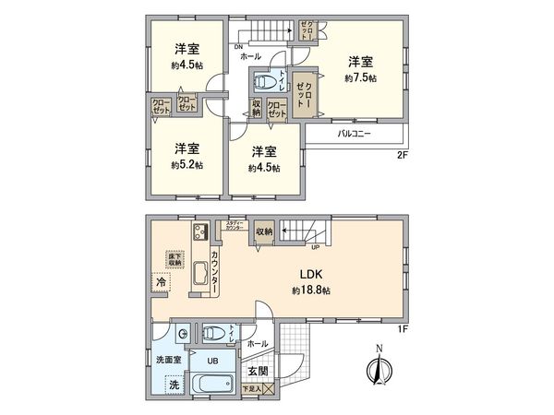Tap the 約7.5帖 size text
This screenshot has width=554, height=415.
click(361, 78)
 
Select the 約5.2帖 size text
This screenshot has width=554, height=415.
click(187, 166)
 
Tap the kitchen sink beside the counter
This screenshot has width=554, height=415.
click(202, 274)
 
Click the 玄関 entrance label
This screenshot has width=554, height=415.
click(256, 372)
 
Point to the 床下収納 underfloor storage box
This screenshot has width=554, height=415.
click(175, 259)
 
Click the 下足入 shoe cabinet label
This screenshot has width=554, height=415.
click(251, 392)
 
